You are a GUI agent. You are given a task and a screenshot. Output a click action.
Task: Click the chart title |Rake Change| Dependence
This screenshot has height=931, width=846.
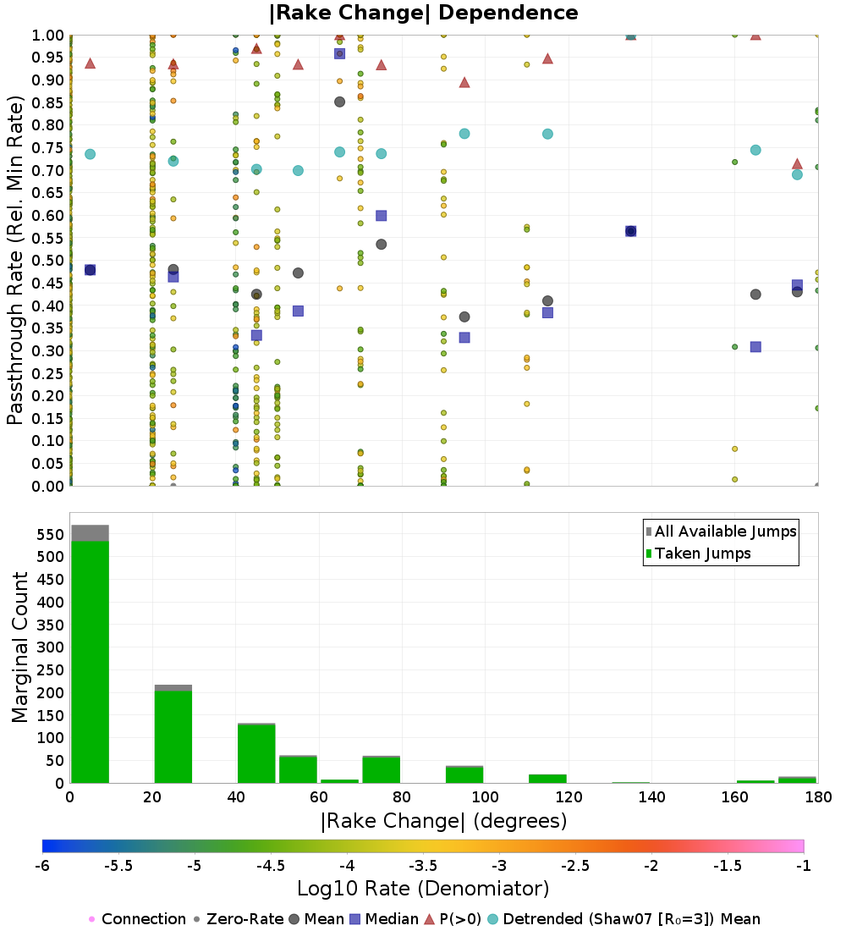point(423,13)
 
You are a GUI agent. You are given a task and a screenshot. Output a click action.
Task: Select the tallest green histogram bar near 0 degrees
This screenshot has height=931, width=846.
point(90,660)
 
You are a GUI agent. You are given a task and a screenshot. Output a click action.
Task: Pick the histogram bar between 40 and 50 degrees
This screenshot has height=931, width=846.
point(256,753)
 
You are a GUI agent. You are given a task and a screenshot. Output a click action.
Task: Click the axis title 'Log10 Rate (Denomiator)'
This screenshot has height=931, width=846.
point(423,889)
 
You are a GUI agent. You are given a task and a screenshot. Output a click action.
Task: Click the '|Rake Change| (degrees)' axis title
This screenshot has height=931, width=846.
point(443,821)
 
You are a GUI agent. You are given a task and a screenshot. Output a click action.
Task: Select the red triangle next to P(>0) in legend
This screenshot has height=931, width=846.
point(429,919)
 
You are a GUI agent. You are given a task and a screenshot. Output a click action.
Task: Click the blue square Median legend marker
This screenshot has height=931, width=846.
point(355,919)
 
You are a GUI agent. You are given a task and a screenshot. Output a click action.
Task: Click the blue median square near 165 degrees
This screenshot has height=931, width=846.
point(755,347)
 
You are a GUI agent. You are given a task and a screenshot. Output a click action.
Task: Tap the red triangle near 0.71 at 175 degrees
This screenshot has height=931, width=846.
point(797,164)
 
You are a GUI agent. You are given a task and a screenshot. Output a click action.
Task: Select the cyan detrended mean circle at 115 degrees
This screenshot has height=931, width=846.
point(547,134)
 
